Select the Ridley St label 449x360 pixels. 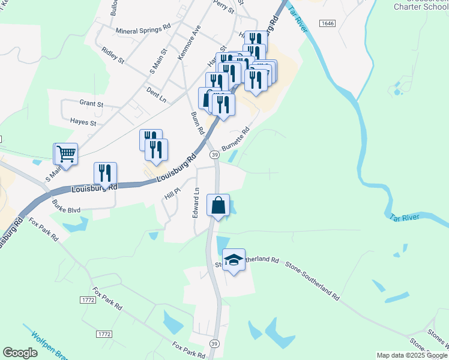pyautogui.click(x=113, y=56)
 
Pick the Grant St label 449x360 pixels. pyautogui.click(x=91, y=104)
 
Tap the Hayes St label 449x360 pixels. pyautogui.click(x=83, y=122)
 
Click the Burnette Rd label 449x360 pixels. pyautogui.click(x=235, y=139)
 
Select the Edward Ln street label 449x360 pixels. pyautogui.click(x=196, y=203)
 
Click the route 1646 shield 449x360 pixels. pyautogui.click(x=327, y=23)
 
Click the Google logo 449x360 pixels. pyautogui.click(x=20, y=353)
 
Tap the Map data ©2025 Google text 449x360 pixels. pyautogui.click(x=412, y=355)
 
